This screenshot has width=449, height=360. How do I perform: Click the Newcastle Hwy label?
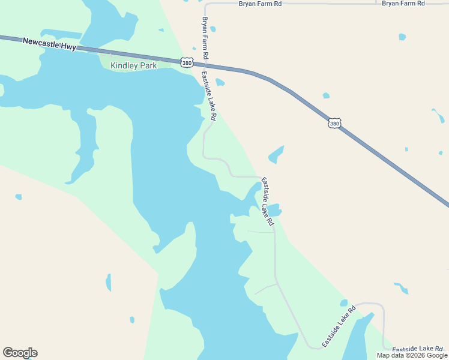(x=49, y=44)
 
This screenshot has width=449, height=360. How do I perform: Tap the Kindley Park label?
(x=133, y=65)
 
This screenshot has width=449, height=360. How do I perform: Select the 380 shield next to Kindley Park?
(x=186, y=62)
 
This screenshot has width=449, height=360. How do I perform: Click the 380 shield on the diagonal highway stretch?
(x=334, y=124)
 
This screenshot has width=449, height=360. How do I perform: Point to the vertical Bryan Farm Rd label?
(x=205, y=38)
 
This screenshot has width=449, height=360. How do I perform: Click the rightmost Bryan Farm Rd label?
(x=403, y=4)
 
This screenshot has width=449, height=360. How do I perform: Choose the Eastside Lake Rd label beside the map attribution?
(x=417, y=349)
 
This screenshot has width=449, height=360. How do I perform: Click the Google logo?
(x=20, y=353)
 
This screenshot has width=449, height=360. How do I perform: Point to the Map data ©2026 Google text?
(x=412, y=355)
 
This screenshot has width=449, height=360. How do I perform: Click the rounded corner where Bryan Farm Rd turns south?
(x=206, y=5)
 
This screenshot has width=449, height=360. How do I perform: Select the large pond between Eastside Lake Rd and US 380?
(x=276, y=154)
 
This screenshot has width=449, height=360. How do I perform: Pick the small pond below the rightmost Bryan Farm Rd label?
(x=402, y=37)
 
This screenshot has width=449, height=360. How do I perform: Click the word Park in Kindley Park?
(x=146, y=65)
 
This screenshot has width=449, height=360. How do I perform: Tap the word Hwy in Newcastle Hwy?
(x=68, y=46)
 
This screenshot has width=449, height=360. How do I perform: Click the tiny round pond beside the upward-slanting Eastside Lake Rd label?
(x=344, y=303)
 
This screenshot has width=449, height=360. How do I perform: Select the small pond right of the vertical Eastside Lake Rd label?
(x=220, y=82)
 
